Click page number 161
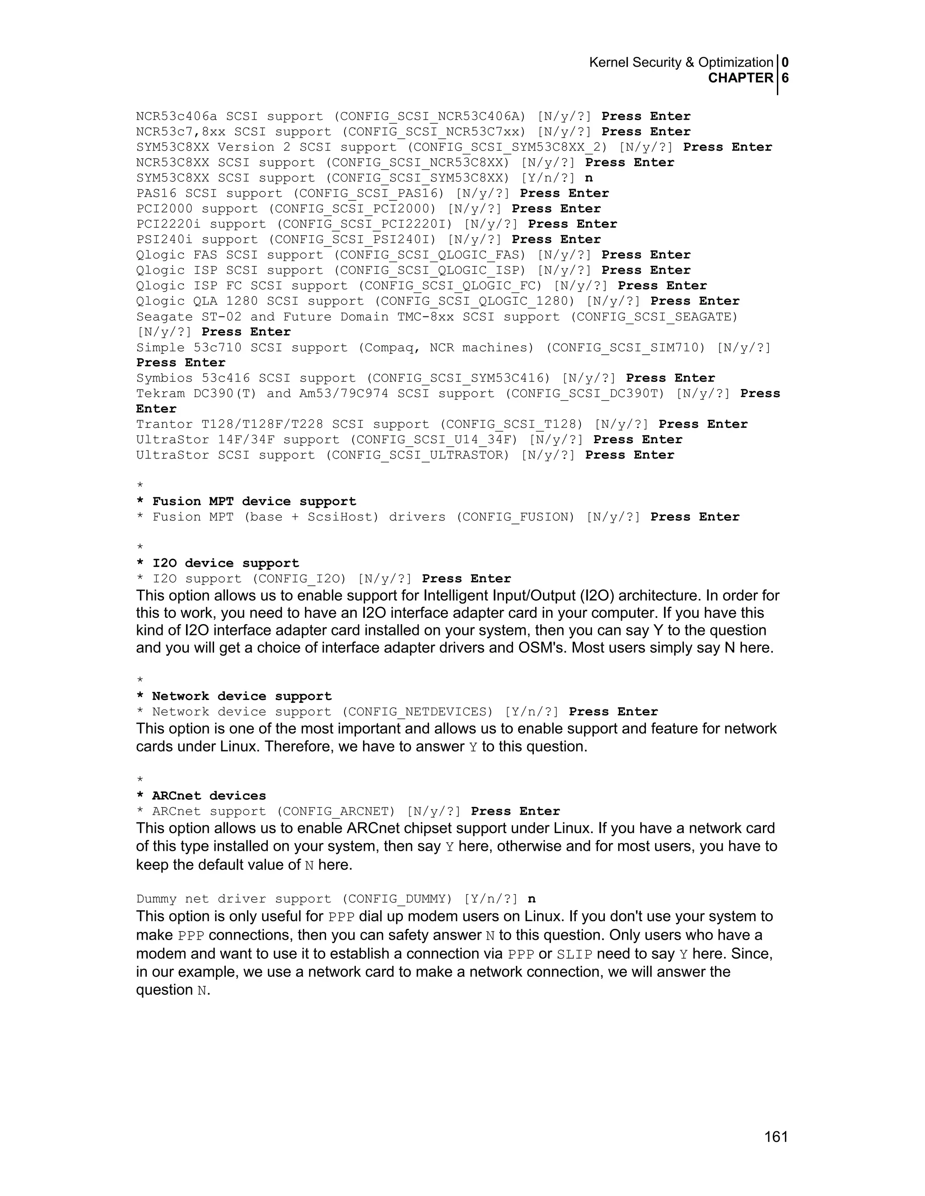point(776,1137)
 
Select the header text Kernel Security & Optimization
point(681,62)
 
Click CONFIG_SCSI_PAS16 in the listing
point(368,193)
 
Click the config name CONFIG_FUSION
point(515,517)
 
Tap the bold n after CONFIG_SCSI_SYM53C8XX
point(589,178)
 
